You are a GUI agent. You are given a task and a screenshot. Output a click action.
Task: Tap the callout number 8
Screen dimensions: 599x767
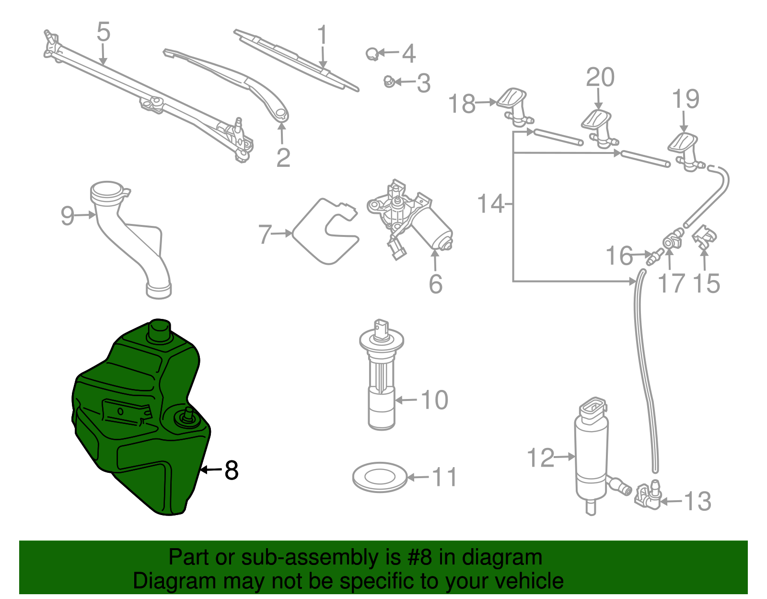pos(231,470)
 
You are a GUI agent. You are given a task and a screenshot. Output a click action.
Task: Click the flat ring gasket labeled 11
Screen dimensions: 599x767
pos(380,477)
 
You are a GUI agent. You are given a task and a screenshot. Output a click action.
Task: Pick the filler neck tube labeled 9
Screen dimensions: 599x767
pos(129,240)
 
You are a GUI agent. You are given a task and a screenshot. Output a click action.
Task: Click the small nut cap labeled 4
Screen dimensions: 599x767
pos(372,54)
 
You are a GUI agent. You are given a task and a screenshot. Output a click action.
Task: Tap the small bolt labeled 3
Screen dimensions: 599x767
pos(389,82)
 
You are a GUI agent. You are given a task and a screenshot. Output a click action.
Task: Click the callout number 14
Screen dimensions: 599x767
pos(491,204)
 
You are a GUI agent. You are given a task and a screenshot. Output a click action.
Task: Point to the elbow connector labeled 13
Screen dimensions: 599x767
pos(647,496)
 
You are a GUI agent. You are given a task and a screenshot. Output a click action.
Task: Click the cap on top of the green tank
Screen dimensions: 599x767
pos(160,329)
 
